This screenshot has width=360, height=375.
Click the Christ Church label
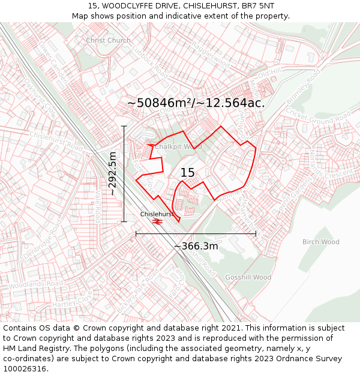pos(108,40)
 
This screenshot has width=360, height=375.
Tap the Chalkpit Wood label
pos(178,146)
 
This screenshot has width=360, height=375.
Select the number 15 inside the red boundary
pos(187,173)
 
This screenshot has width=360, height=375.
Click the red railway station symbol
pos(157,221)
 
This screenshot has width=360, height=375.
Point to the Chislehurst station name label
pos(157,214)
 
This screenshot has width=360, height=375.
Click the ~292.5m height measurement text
pos(112,174)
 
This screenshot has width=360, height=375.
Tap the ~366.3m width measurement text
pos(196,246)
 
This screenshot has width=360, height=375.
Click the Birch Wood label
pos(320,242)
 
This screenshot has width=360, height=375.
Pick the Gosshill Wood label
pos(248,277)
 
